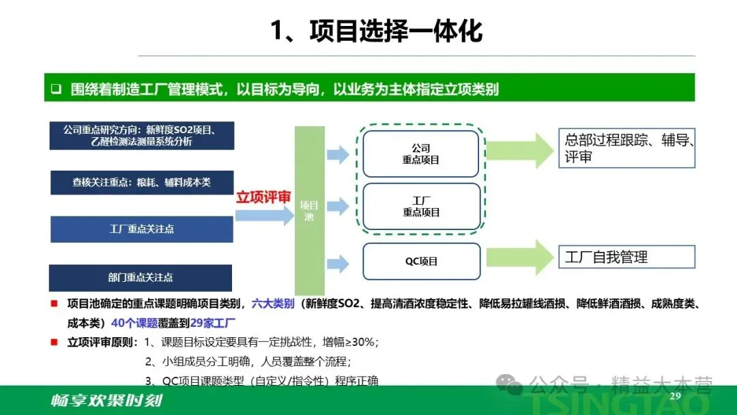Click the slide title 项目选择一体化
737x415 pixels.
[x=376, y=31]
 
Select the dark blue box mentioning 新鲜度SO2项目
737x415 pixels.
[x=141, y=135]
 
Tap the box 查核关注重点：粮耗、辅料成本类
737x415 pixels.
[x=141, y=182]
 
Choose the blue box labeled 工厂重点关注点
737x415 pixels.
[x=141, y=229]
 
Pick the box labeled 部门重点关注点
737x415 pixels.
[x=140, y=278]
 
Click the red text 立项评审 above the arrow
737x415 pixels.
[x=264, y=198]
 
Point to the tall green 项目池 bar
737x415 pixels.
[x=309, y=210]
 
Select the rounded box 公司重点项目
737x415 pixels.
[x=420, y=154]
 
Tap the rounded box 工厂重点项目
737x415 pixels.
[x=420, y=206]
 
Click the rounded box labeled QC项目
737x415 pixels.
[x=420, y=261]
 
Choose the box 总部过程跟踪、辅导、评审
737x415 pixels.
[x=626, y=149]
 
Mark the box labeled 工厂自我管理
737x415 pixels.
[x=626, y=257]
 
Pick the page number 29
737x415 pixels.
[x=676, y=397]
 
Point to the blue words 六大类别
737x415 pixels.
[x=273, y=304]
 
